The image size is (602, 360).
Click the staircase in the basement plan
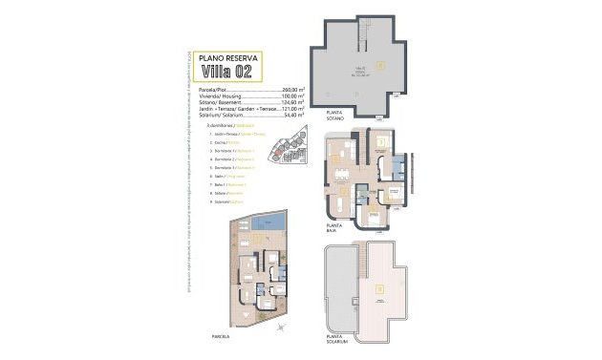(x=364, y=37)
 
